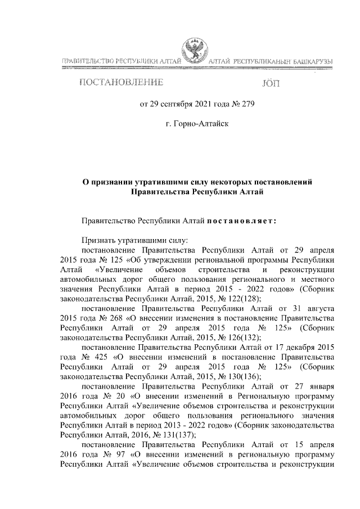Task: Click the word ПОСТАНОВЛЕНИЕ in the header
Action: pos(121,84)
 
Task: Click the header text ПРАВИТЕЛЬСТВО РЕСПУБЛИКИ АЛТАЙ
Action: pos(119,60)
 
